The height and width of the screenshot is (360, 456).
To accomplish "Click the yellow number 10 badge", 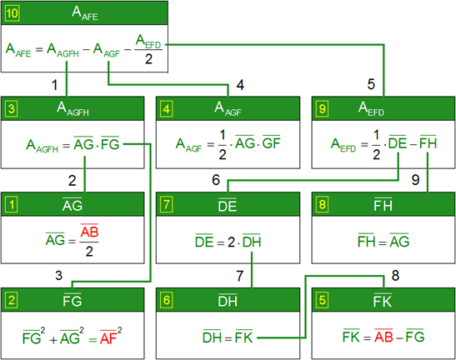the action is [13, 13].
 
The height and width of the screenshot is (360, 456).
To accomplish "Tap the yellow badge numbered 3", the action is [11, 109].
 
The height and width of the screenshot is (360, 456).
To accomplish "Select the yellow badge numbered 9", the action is [322, 109].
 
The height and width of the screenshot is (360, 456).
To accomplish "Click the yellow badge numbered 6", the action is [167, 300].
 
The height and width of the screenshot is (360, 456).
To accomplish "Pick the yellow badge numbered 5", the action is [322, 300].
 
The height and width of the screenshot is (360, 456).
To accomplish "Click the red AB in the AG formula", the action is [89, 231].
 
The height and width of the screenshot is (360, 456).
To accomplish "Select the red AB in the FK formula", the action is [383, 336].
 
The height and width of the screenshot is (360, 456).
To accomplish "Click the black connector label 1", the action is [54, 85].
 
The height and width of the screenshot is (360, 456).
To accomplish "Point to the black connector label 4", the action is [240, 85].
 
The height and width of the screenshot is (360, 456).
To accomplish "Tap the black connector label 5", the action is [371, 84].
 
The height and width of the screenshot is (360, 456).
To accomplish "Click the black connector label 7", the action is [239, 276].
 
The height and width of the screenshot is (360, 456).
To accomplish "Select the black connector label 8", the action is [395, 275].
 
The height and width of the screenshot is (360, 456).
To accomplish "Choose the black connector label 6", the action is [216, 180].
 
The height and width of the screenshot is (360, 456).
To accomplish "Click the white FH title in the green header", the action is [383, 205].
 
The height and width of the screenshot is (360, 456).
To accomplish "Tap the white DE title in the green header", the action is [228, 205].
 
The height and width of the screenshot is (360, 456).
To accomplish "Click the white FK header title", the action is [383, 301].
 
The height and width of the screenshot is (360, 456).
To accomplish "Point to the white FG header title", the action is [73, 301].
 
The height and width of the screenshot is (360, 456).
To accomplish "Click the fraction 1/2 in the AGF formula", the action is [223, 144].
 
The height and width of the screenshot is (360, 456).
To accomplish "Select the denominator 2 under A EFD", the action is [148, 59].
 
